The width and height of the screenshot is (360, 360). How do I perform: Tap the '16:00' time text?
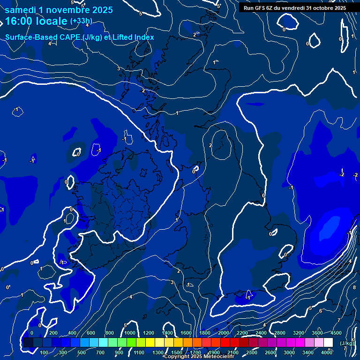[x=20, y=22]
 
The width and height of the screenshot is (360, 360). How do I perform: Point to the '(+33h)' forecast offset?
[x=81, y=21]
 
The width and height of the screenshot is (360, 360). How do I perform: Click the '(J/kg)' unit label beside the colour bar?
[x=347, y=344]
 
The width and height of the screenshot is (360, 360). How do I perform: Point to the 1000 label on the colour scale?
[x=129, y=333]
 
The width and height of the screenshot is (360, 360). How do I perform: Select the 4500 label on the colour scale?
[x=336, y=333]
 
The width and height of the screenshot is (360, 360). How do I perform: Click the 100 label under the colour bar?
[x=44, y=352]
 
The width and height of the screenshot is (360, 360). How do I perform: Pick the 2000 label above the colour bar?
[x=224, y=333]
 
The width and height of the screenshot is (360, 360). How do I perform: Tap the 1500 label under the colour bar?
[x=177, y=352]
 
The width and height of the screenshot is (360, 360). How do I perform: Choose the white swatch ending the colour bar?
[x=328, y=343]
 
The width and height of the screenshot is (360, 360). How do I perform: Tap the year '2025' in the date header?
[x=102, y=10]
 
